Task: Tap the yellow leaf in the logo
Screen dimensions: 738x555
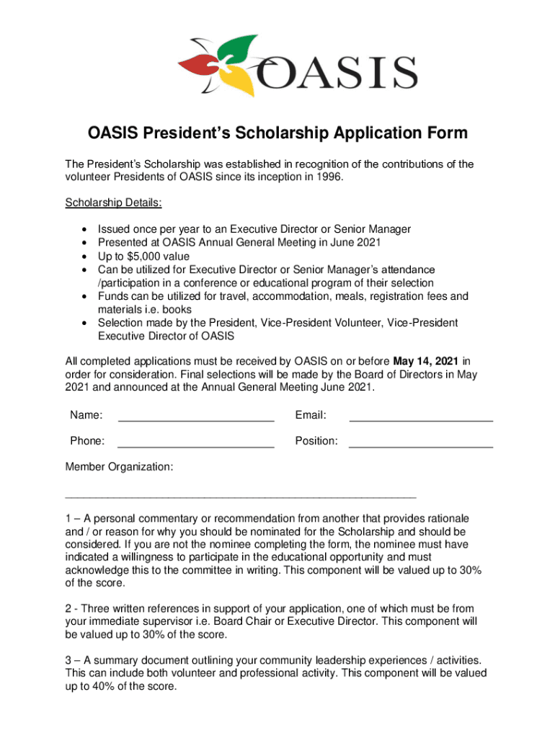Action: coord(242,81)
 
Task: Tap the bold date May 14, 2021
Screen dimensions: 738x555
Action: coord(426,360)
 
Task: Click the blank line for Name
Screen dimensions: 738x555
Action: coord(195,417)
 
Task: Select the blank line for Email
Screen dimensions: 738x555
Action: coord(421,417)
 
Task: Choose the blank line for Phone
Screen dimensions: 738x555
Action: coord(195,442)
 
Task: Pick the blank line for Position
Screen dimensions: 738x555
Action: coord(421,442)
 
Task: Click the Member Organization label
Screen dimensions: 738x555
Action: coord(119,467)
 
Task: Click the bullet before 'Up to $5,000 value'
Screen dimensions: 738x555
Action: coord(86,257)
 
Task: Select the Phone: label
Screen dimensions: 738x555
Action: coord(87,440)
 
